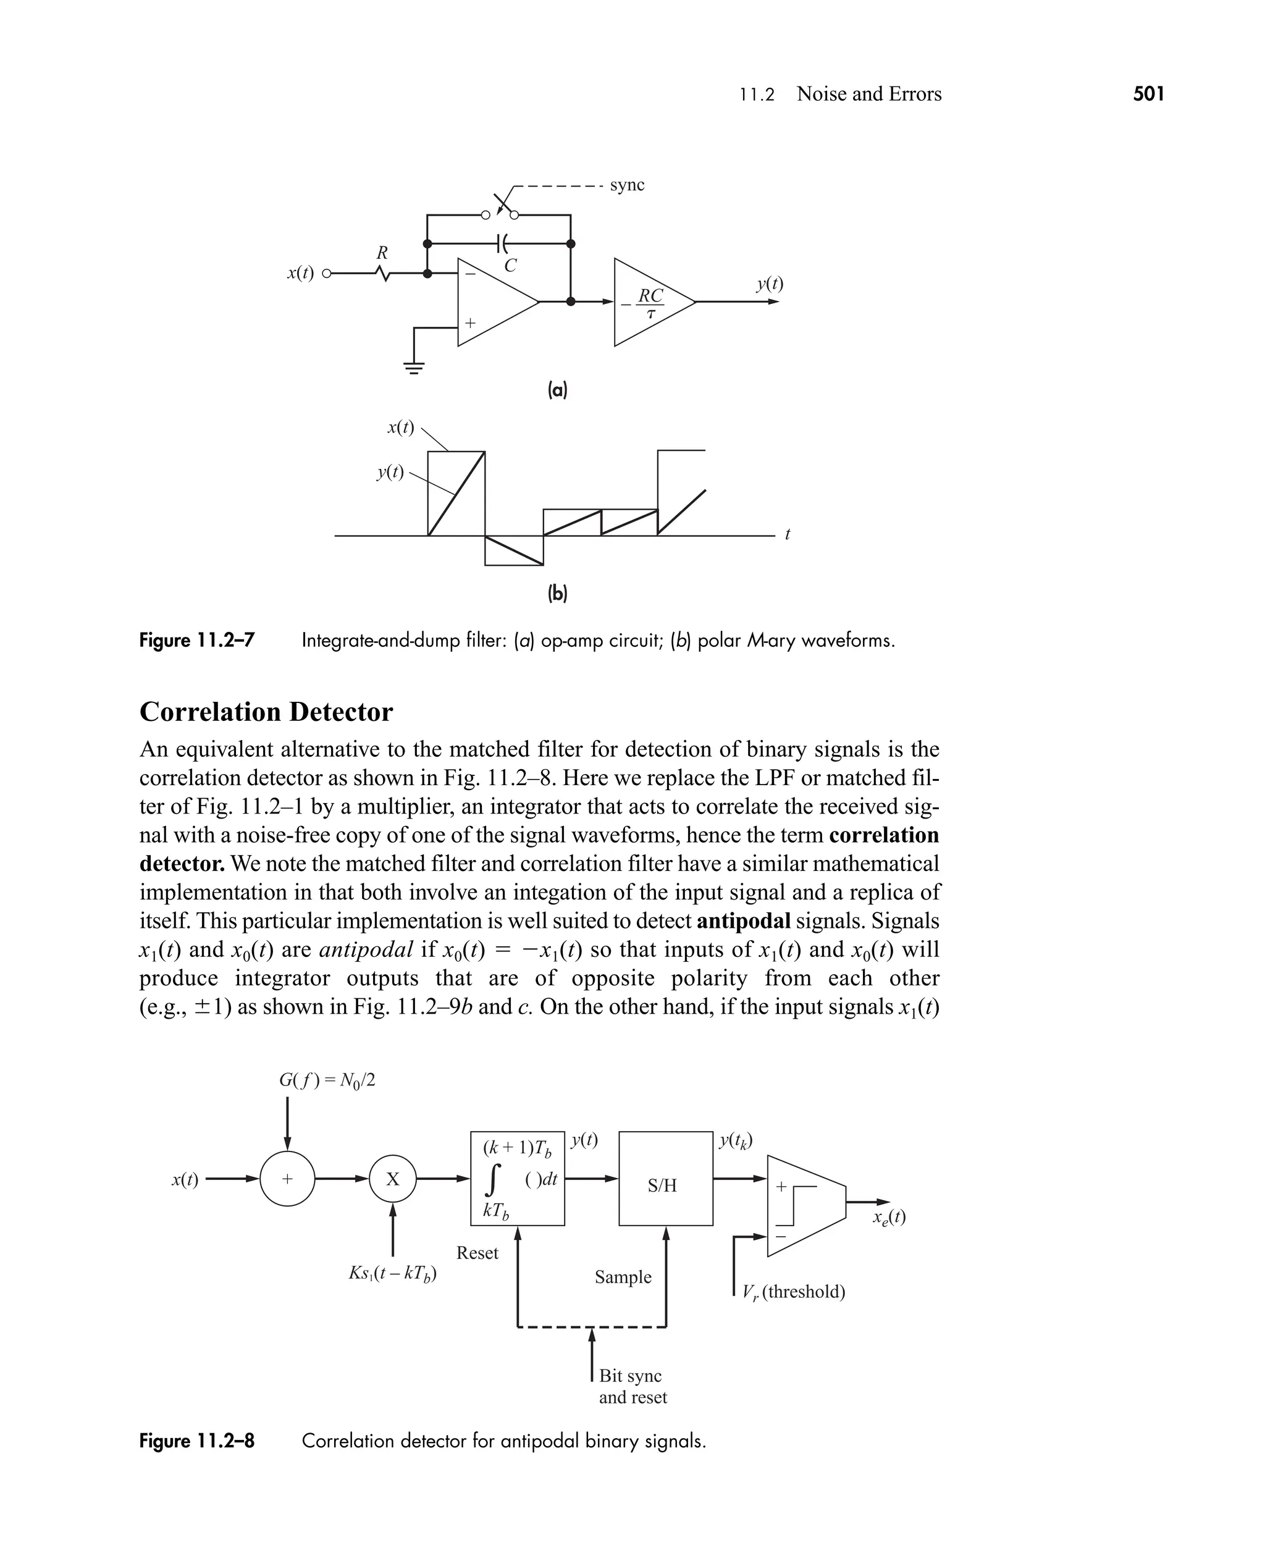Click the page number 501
click(x=1148, y=94)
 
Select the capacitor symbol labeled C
click(x=500, y=243)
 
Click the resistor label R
click(x=382, y=253)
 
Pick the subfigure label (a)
click(x=557, y=390)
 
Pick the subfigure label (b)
click(x=557, y=593)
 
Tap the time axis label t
click(x=787, y=534)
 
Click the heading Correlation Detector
click(x=266, y=712)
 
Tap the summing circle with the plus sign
click(x=287, y=1179)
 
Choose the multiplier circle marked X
click(x=393, y=1179)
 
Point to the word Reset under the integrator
click(x=477, y=1253)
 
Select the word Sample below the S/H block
click(x=623, y=1277)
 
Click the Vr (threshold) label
click(x=794, y=1292)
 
